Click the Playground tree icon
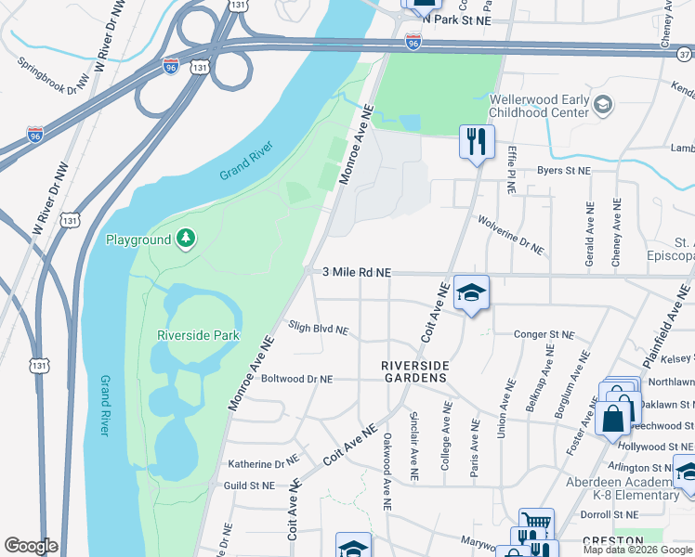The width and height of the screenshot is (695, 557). pyautogui.click(x=187, y=240)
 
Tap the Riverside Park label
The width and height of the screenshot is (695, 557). pyautogui.click(x=199, y=335)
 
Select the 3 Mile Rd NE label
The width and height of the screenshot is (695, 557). pyautogui.click(x=357, y=272)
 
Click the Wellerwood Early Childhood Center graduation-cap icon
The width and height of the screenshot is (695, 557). pyautogui.click(x=603, y=104)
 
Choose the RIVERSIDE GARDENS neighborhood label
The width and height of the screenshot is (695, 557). pyautogui.click(x=414, y=371)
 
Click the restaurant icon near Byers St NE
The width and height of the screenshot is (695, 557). pyautogui.click(x=476, y=142)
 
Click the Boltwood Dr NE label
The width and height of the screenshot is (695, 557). pyautogui.click(x=296, y=379)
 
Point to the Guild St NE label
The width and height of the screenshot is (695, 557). pyautogui.click(x=249, y=485)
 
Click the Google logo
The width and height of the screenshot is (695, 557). pyautogui.click(x=31, y=546)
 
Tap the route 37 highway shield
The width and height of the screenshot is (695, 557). pyautogui.click(x=684, y=53)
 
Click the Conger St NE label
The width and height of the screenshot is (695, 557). pyautogui.click(x=539, y=334)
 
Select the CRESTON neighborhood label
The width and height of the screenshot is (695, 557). pyautogui.click(x=612, y=540)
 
